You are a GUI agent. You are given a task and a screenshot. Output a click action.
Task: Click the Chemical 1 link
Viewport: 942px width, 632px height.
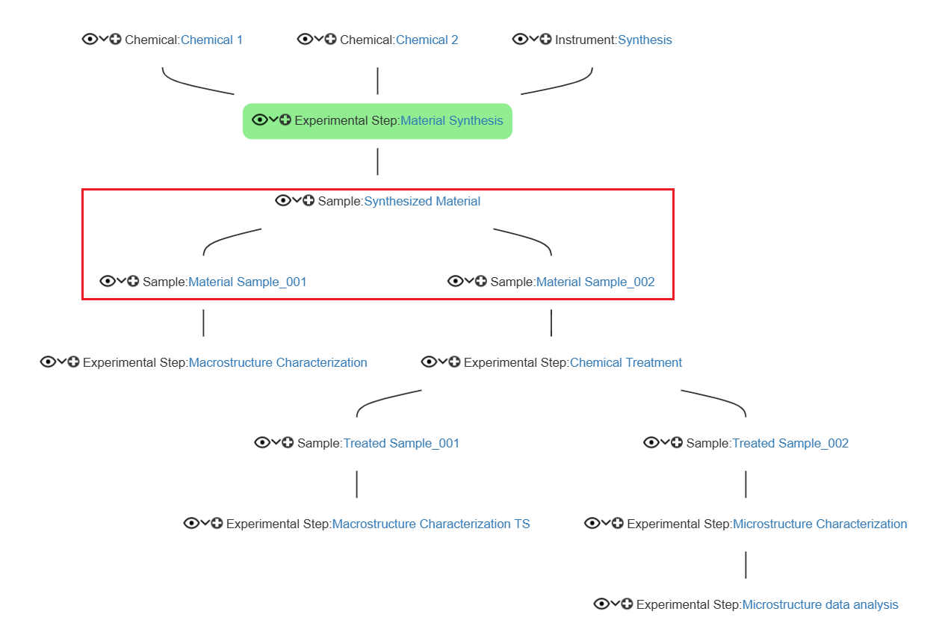[211, 40]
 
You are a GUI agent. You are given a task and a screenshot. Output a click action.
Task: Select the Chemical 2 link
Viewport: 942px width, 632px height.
[427, 40]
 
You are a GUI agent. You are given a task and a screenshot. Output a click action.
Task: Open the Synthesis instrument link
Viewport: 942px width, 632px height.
[645, 40]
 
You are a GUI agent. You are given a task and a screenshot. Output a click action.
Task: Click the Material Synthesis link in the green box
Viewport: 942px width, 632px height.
[452, 121]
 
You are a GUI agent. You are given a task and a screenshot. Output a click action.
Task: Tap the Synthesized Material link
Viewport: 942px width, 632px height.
[422, 202]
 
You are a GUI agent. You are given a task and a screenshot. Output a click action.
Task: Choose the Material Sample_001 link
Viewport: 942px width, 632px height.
[247, 282]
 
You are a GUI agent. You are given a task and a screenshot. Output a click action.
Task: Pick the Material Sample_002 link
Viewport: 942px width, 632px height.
[595, 282]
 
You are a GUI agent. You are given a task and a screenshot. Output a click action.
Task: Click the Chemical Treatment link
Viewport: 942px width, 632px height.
[626, 362]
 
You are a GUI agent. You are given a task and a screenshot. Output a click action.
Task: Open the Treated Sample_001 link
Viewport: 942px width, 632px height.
[401, 443]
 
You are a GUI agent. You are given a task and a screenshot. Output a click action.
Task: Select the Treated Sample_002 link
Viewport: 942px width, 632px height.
[790, 443]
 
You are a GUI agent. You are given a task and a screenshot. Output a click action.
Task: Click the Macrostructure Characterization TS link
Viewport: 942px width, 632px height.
[431, 524]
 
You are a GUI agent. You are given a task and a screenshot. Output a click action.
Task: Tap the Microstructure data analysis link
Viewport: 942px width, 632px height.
[820, 604]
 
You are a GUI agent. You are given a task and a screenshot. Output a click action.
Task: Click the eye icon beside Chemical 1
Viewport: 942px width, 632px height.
[90, 39]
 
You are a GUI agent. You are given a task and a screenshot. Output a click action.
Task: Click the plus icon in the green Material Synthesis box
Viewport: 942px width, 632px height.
[285, 120]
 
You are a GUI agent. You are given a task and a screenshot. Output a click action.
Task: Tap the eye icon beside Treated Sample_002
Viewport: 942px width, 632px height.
[651, 442]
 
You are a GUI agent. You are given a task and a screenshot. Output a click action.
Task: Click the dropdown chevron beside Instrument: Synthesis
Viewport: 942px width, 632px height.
[533, 39]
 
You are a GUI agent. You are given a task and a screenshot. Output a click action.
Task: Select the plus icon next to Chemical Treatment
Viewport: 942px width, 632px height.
[454, 362]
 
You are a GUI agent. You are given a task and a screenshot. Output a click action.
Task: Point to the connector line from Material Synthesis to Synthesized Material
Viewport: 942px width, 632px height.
[378, 161]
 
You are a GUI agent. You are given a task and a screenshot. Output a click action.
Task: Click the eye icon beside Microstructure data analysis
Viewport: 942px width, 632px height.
[601, 604]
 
